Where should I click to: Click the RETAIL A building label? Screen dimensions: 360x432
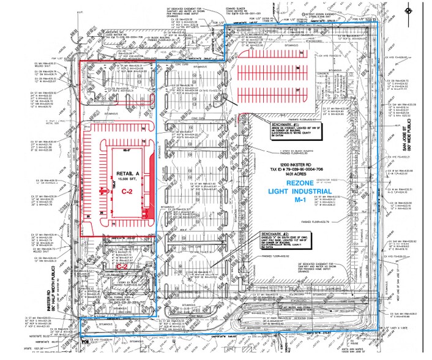[x=125, y=173]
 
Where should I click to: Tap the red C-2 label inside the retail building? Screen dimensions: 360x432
[x=127, y=192]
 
